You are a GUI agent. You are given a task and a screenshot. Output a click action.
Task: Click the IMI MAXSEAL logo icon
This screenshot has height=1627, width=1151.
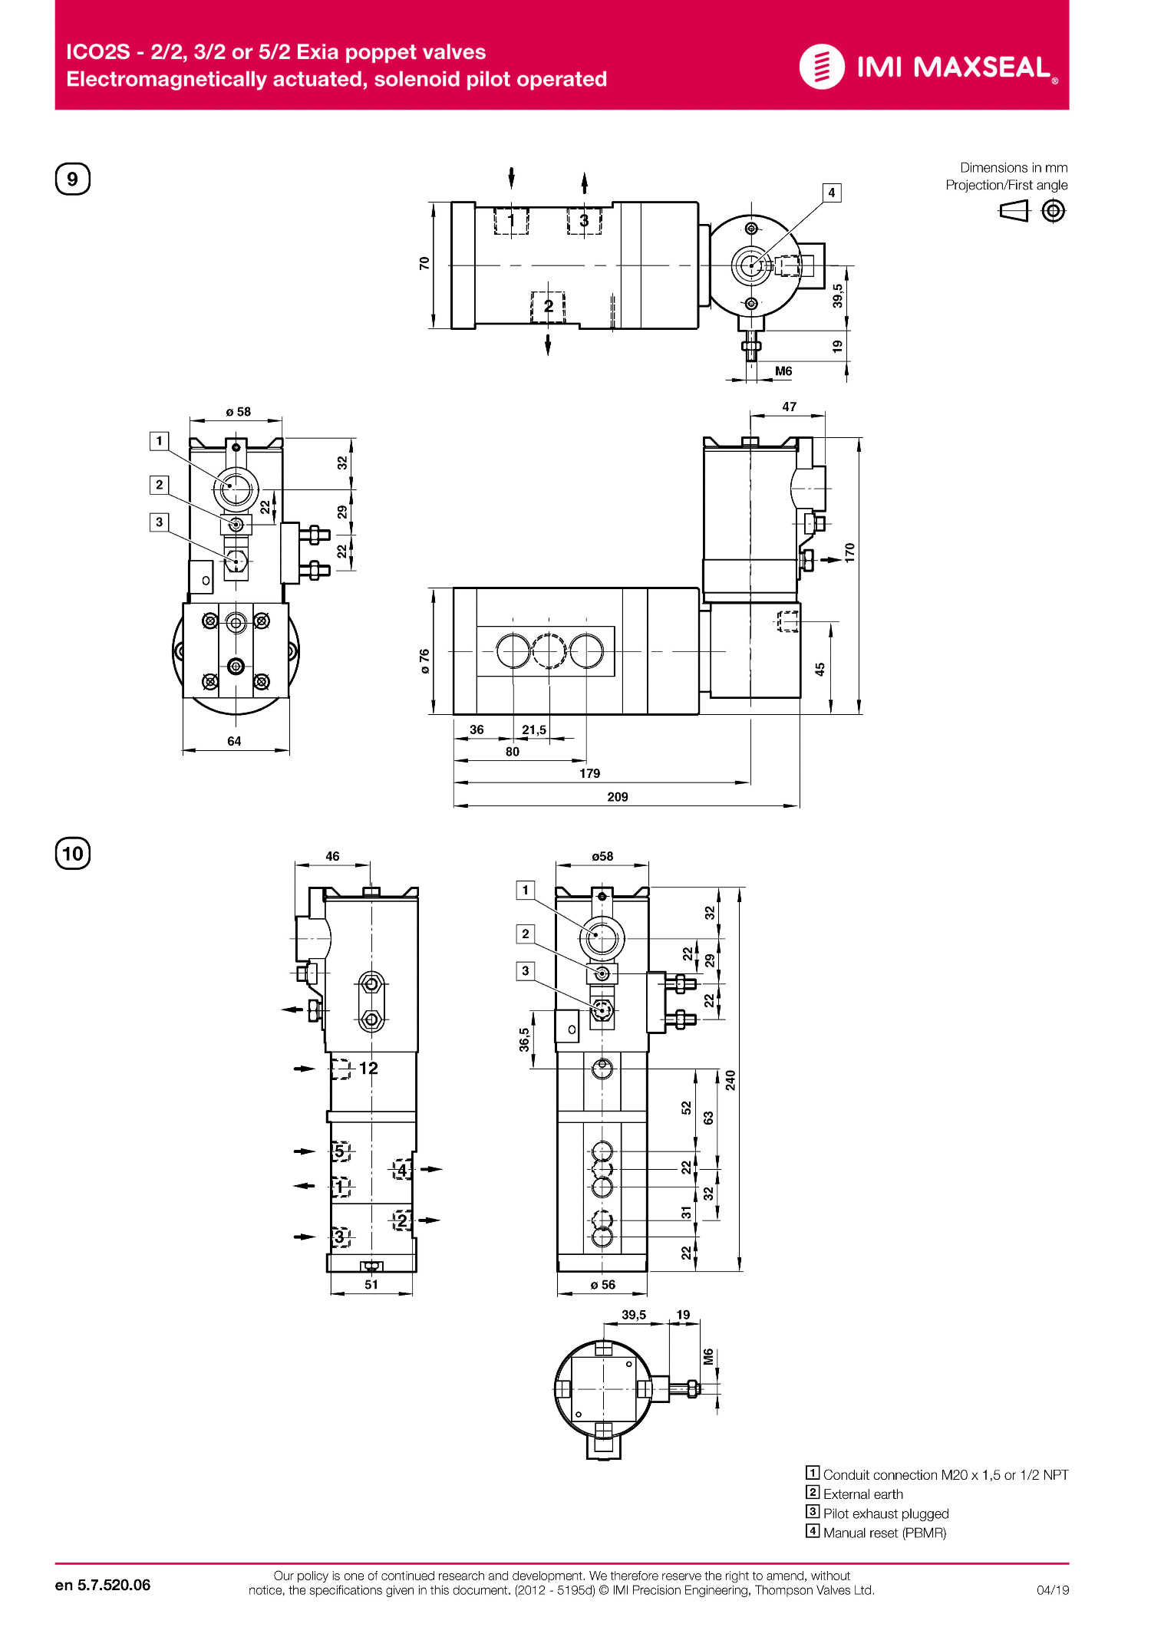point(822,67)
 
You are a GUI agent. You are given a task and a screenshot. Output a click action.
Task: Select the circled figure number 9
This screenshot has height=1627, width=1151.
point(73,179)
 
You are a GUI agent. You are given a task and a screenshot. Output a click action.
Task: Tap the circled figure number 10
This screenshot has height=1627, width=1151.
point(73,854)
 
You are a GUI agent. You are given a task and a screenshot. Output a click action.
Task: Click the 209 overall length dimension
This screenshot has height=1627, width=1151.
point(617,797)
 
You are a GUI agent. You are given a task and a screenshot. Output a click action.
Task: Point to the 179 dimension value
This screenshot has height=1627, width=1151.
point(589,773)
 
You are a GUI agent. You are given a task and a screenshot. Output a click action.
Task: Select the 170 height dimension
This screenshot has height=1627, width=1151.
point(849,552)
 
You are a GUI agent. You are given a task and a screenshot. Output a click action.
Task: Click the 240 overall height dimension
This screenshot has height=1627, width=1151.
point(730,1080)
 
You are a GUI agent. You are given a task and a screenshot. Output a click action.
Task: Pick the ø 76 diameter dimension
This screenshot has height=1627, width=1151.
point(424,661)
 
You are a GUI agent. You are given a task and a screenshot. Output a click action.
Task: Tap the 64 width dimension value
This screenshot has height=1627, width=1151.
point(234,741)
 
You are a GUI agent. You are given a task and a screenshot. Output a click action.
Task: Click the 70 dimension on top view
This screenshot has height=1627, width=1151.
point(424,263)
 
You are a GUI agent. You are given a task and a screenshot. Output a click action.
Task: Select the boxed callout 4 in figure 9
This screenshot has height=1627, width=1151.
point(831,193)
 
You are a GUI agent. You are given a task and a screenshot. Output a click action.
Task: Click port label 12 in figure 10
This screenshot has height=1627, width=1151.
point(368,1068)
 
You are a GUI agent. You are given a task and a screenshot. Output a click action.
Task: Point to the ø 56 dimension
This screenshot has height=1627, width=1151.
point(602,1285)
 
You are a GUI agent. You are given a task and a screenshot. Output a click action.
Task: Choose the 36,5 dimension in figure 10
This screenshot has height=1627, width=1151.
point(524,1039)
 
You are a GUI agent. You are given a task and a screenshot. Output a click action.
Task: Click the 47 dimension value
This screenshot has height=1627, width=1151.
point(789,407)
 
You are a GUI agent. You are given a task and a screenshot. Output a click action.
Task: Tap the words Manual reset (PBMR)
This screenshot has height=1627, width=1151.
point(884,1533)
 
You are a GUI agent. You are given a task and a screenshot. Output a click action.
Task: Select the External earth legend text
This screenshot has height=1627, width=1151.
point(862,1494)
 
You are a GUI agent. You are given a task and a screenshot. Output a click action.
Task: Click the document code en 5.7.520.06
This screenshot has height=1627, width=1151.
point(103,1585)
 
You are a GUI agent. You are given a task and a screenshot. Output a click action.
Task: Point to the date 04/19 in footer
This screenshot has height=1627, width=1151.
point(1052,1590)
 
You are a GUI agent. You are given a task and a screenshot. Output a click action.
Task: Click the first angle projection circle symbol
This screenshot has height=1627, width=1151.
point(1054,211)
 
